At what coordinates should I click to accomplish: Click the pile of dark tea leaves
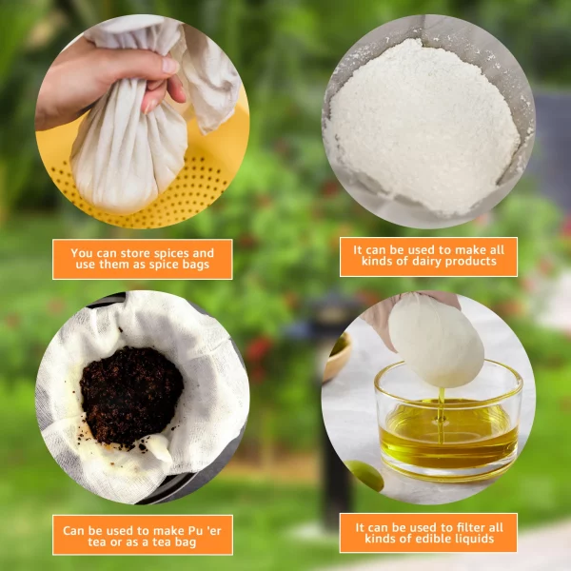click(x=131, y=396)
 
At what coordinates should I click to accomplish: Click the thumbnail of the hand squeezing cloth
click(x=143, y=122)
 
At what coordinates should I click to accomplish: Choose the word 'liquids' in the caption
click(x=476, y=539)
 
